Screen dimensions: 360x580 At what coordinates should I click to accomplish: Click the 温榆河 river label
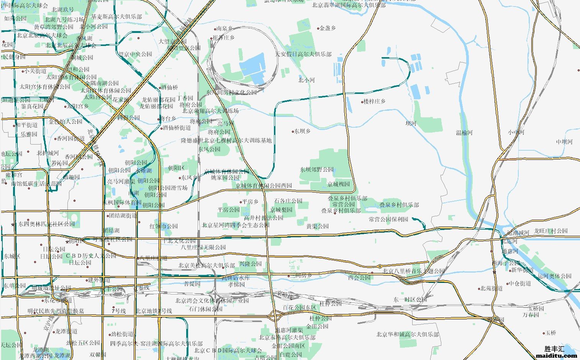pos(464,133)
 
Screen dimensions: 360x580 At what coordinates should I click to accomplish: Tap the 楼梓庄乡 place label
pos(374,102)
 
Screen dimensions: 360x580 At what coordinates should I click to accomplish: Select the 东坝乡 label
pos(302,131)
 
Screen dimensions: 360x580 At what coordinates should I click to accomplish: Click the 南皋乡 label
pos(224,28)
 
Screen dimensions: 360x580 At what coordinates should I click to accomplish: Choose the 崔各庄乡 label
pos(224,38)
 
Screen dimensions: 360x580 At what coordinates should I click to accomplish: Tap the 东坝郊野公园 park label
pos(317,169)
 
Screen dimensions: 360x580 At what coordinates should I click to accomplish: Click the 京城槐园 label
pos(338,184)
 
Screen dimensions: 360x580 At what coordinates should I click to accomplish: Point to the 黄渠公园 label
pos(318,226)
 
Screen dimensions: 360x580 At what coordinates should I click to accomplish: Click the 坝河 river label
pos(411,123)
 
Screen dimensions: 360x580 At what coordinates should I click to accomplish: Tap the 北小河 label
pos(306,80)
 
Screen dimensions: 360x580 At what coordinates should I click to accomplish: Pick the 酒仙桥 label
pos(169,87)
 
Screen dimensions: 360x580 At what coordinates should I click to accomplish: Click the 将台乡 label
pos(169,119)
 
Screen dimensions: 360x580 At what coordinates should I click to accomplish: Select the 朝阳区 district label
pos(176,168)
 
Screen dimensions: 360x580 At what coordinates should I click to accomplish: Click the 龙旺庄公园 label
pos(551,231)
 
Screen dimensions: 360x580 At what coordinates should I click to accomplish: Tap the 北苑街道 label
pos(492,288)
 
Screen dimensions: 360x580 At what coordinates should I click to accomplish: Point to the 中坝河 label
pos(564,142)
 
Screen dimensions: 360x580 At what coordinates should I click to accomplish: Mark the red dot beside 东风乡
pos(180,178)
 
